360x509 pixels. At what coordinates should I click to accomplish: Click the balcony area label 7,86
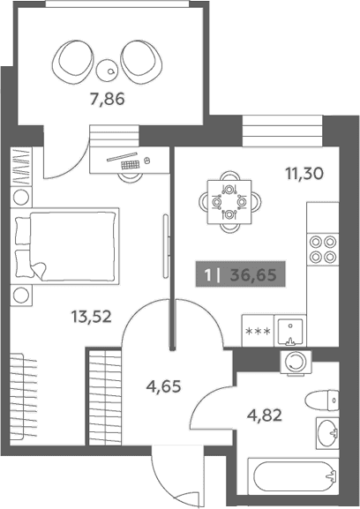(x=108, y=100)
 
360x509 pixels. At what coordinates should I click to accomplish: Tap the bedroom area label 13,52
(x=92, y=317)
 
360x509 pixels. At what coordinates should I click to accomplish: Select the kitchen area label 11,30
(x=304, y=174)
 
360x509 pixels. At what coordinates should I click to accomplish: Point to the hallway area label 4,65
(x=163, y=387)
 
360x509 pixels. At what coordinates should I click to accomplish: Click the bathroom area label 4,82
(x=264, y=415)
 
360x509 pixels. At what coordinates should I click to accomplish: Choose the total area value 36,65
(x=253, y=275)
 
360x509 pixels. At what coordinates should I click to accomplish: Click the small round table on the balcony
(x=107, y=71)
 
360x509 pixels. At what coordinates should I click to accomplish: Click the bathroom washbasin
(x=327, y=433)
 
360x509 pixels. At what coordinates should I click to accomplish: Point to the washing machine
(x=296, y=363)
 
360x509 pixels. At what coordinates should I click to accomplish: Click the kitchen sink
(x=290, y=331)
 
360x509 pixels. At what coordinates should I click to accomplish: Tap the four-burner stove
(x=323, y=250)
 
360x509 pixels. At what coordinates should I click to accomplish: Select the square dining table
(x=229, y=202)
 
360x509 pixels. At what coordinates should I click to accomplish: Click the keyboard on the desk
(x=131, y=165)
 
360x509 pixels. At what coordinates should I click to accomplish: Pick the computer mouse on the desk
(x=147, y=160)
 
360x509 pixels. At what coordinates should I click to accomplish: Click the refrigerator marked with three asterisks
(x=258, y=331)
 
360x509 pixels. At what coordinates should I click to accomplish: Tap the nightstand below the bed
(x=21, y=295)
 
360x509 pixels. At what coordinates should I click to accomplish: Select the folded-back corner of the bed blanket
(x=39, y=271)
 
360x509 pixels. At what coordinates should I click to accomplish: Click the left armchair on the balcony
(x=72, y=61)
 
